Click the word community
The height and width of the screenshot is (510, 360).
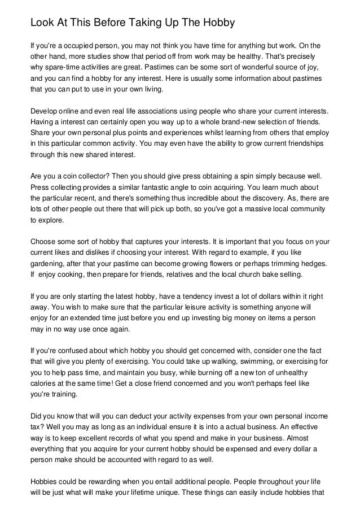(x=302, y=209)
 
